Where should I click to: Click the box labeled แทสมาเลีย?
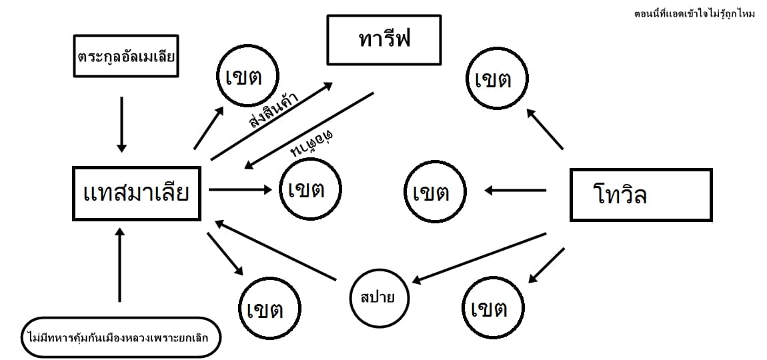137,193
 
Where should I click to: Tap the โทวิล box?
640,195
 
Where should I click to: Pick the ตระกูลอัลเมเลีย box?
125,56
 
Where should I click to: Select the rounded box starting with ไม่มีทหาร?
120,337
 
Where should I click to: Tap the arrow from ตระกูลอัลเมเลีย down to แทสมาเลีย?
121,123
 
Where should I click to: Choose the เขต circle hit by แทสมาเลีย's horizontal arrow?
307,189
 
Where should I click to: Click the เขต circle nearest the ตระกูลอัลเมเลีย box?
247,77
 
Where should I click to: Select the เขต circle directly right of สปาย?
493,308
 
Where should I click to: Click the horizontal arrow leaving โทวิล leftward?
515,191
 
